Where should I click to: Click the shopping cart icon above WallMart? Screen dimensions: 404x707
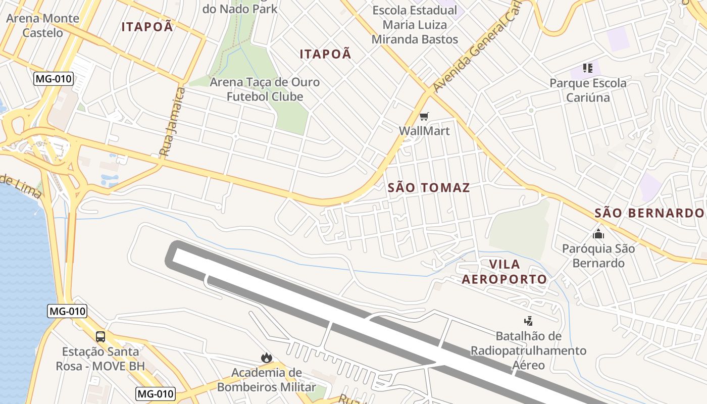point(424,117)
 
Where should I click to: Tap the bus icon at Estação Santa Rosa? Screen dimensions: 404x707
point(100,336)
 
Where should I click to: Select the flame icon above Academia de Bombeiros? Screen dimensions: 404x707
point(266,358)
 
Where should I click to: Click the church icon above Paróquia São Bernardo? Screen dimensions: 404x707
point(598,234)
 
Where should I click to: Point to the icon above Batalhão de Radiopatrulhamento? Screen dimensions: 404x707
point(528,321)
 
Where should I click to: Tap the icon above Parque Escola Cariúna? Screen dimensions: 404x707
point(587,68)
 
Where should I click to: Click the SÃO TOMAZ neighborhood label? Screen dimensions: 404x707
point(429,188)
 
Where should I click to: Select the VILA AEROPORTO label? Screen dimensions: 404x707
point(504,272)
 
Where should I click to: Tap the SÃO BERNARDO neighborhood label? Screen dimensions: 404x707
point(649,213)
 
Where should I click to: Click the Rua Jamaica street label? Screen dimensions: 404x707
point(172,121)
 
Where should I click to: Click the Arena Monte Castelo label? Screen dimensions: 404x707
point(42,26)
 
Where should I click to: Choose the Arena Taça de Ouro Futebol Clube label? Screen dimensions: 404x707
point(265,89)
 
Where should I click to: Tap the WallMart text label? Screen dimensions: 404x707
point(424,131)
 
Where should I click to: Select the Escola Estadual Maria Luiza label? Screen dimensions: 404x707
point(415,25)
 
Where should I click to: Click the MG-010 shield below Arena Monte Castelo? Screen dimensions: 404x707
point(54,79)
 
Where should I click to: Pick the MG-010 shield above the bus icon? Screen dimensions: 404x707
point(67,311)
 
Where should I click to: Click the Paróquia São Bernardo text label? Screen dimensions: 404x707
point(598,256)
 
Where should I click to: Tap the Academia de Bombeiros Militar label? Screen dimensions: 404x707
point(266,380)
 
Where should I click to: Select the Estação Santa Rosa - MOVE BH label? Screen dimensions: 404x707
point(103,359)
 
